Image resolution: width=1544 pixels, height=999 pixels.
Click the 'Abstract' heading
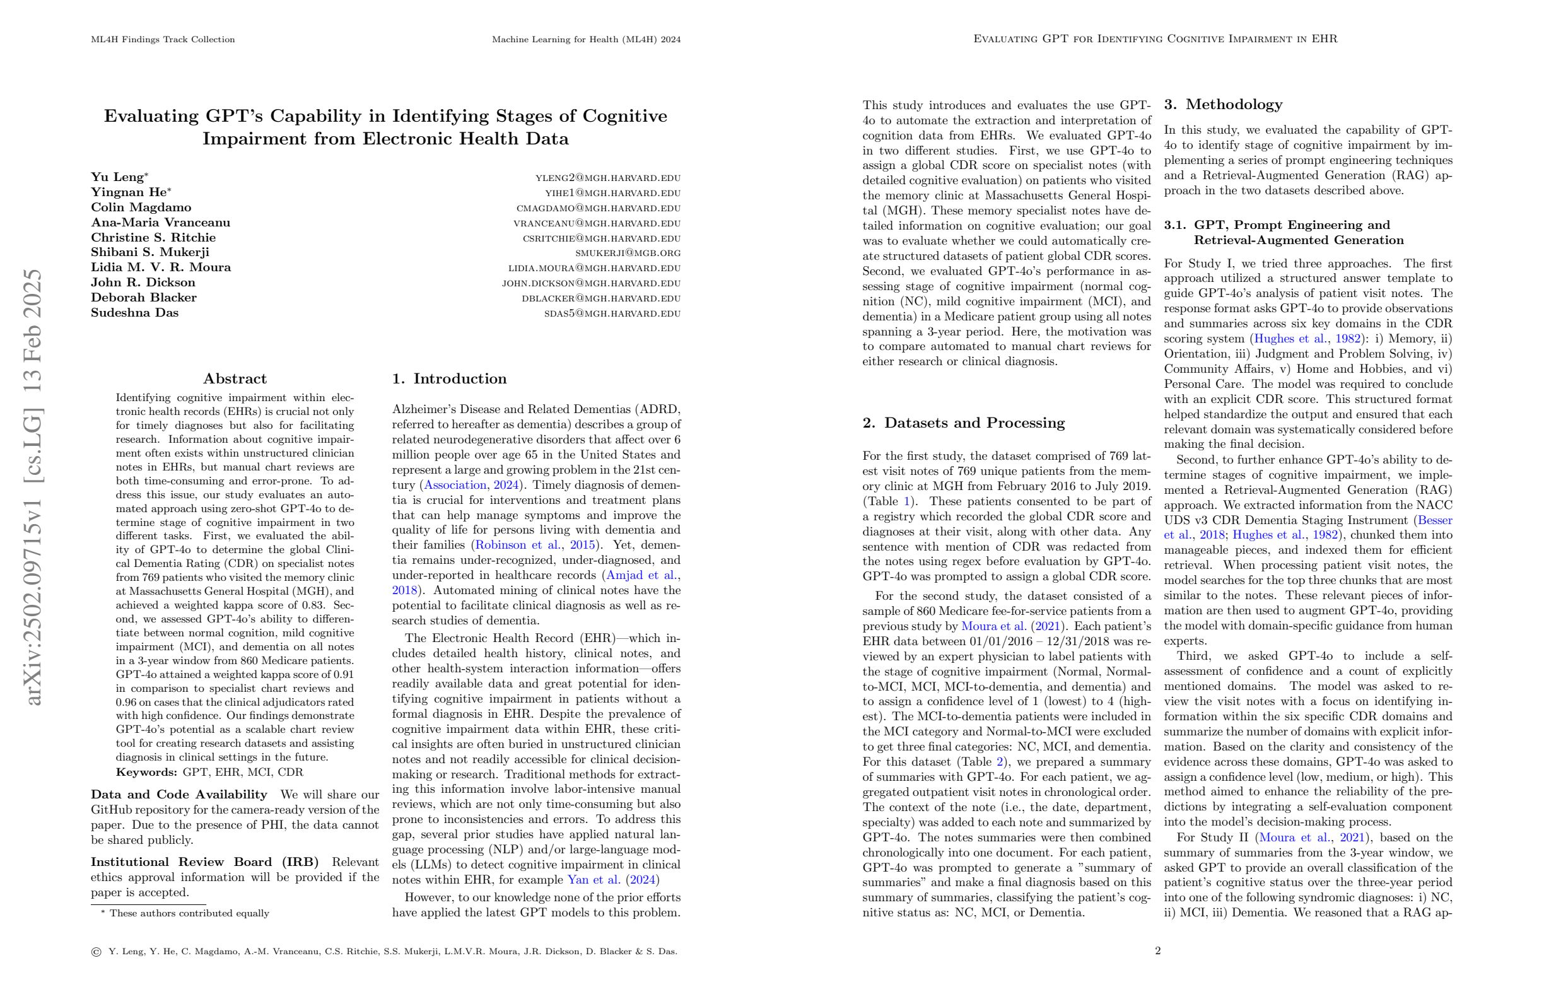click(x=235, y=379)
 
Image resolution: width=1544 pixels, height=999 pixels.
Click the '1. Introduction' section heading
click(x=449, y=379)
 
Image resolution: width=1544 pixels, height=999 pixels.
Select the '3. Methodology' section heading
click(x=1223, y=105)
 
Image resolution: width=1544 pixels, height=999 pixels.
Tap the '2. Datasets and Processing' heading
click(x=963, y=423)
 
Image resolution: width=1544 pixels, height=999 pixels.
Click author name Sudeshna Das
click(x=134, y=313)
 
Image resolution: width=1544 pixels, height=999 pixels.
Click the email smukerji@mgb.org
click(x=628, y=253)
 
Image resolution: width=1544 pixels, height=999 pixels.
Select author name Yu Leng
click(x=117, y=177)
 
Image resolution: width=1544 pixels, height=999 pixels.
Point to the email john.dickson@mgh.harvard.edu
click(x=590, y=283)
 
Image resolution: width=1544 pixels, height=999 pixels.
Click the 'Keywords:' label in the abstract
click(x=146, y=772)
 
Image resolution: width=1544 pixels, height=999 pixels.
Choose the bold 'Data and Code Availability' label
click(x=178, y=795)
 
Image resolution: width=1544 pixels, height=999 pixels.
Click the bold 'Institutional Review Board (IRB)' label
click(x=204, y=862)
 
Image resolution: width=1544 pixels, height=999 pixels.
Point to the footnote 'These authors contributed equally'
click(x=189, y=913)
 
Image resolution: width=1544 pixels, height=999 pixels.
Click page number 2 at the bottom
click(x=1157, y=951)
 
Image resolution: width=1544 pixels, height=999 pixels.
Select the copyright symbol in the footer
click(x=96, y=952)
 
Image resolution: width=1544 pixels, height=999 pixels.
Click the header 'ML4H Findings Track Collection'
click(x=163, y=40)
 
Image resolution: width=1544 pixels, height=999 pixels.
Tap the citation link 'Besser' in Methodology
click(x=1435, y=520)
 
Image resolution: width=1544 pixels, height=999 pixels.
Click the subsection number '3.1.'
click(x=1175, y=225)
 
